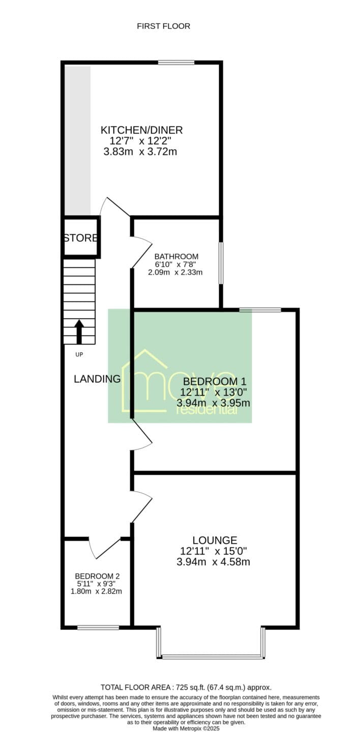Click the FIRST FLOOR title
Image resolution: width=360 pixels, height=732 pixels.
coord(164,26)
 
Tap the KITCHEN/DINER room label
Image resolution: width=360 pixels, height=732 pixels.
coord(141,130)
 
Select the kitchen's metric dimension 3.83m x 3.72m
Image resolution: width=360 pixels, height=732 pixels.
coord(140,151)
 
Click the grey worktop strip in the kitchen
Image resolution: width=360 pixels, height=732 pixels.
coord(77,140)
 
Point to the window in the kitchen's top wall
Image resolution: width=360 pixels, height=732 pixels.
coord(176,63)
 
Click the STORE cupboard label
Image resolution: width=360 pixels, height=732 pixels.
coord(80,238)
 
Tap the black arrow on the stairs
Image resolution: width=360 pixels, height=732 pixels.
coord(79,331)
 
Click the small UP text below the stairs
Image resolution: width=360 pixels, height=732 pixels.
coord(79,355)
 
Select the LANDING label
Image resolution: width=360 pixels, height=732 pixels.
coord(97,379)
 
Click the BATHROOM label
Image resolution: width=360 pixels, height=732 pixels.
coord(176,257)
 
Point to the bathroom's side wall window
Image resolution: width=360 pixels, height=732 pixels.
coord(221,263)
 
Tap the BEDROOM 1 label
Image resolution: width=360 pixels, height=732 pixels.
coord(215,381)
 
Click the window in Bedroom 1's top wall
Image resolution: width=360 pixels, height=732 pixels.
coord(260,310)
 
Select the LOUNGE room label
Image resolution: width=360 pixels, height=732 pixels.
coord(215,540)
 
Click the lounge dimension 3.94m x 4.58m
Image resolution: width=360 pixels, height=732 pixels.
coord(213,562)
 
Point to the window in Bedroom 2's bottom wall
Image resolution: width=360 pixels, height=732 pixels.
coord(98,627)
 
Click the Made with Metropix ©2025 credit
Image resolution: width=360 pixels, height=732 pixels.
coord(187,728)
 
